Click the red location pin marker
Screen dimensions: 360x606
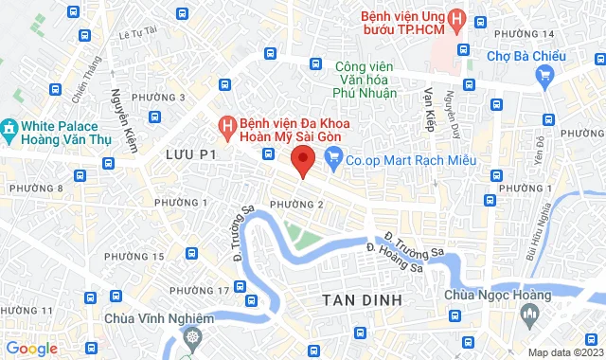pyautogui.click(x=302, y=160)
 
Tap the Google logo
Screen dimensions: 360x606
pyautogui.click(x=31, y=349)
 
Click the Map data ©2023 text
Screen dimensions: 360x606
pyautogui.click(x=564, y=352)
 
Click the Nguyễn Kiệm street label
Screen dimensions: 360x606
pyautogui.click(x=121, y=114)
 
